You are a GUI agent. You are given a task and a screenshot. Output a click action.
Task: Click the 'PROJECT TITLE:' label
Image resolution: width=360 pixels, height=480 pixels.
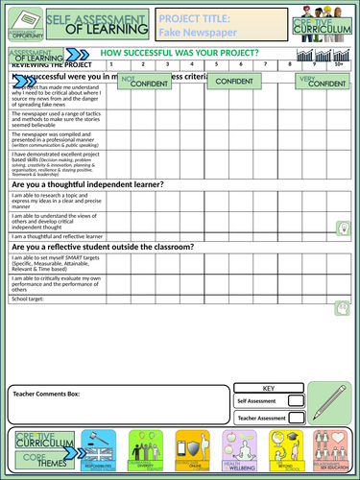click(195, 18)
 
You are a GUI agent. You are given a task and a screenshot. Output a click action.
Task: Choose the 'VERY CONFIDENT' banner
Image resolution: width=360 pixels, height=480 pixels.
click(323, 84)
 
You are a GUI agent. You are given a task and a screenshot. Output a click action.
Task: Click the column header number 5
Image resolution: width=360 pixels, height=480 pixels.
click(218, 64)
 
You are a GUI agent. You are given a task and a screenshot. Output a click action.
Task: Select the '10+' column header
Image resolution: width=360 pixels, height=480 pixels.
click(337, 64)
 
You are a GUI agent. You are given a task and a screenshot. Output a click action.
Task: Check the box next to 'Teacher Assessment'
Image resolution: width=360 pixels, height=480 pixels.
click(296, 418)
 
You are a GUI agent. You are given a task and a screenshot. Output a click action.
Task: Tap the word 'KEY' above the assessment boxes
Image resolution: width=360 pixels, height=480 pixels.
click(269, 388)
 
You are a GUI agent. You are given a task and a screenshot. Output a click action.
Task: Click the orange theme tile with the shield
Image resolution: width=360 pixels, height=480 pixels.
click(193, 451)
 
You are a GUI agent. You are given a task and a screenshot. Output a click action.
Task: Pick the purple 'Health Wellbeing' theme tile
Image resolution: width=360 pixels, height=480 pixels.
click(241, 451)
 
